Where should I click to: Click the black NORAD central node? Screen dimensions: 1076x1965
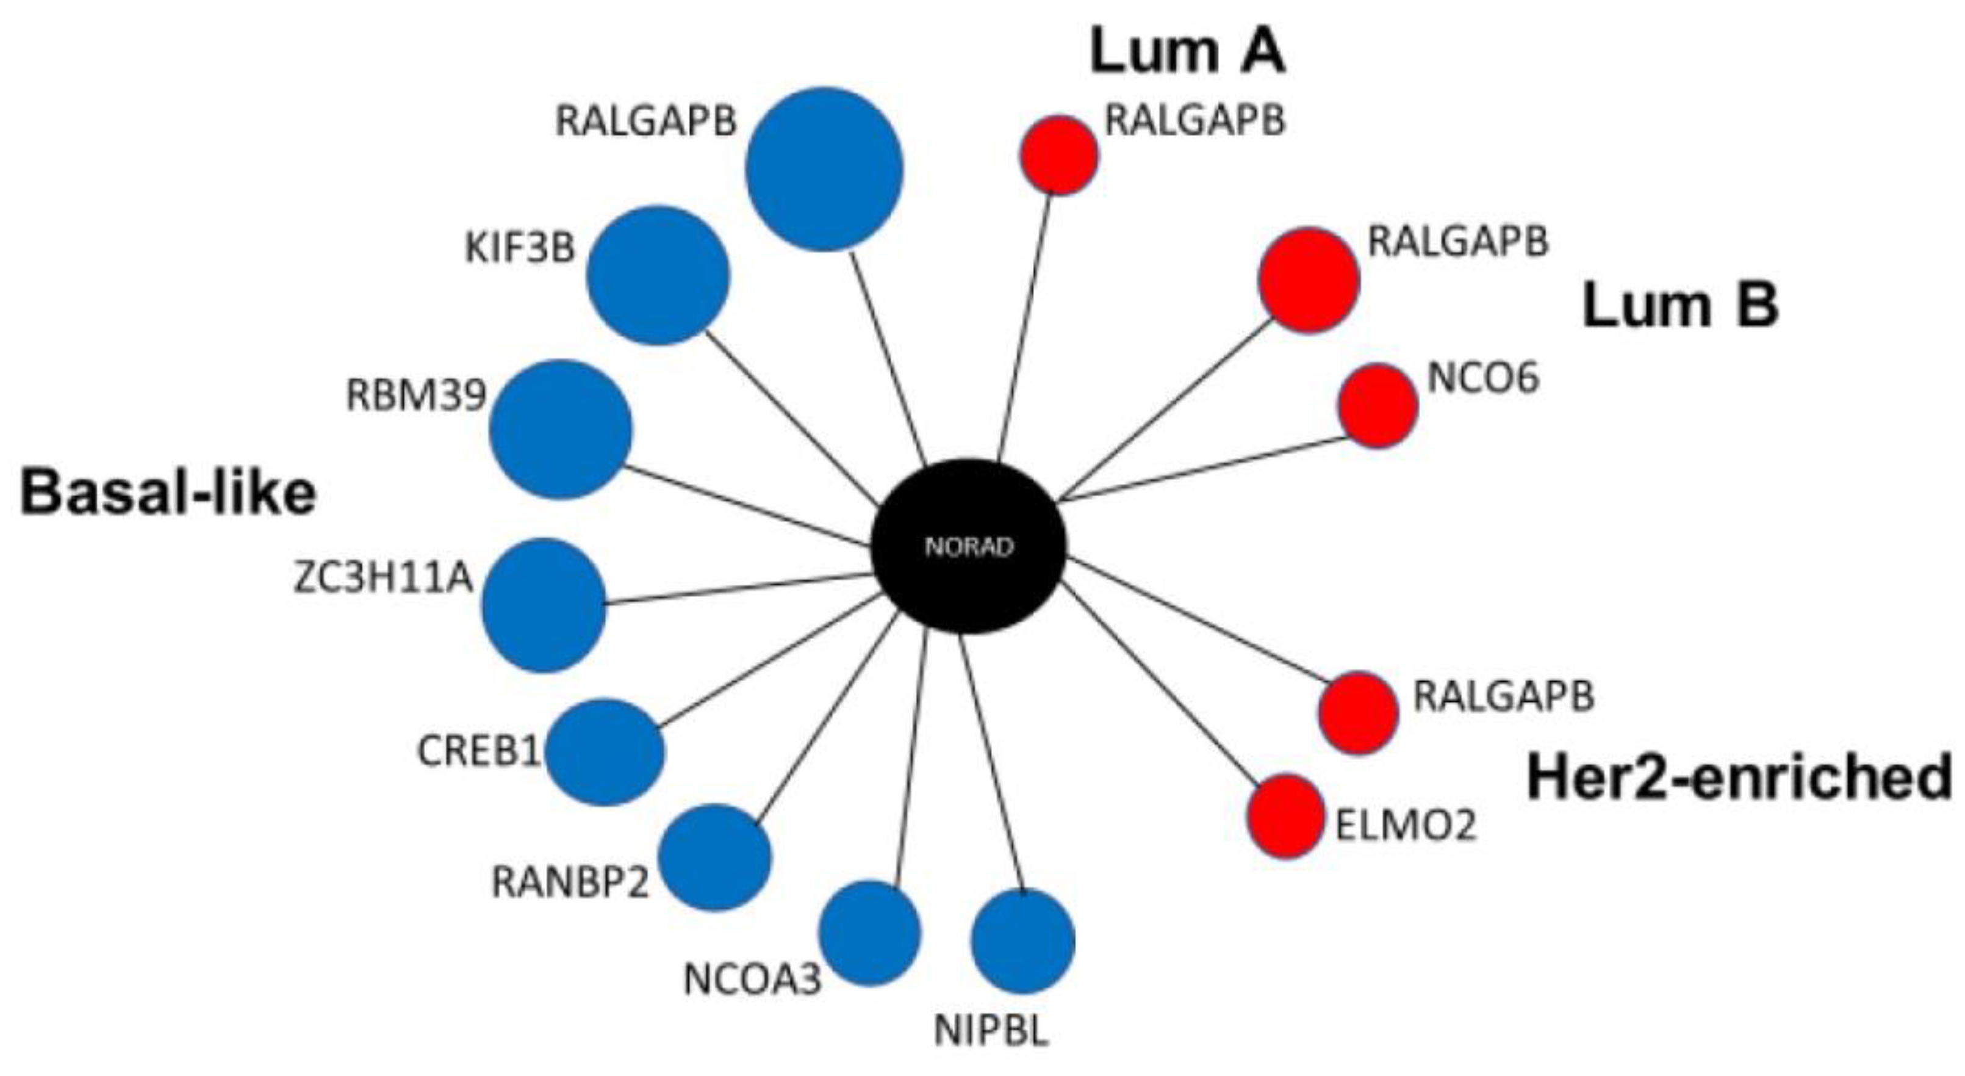point(968,546)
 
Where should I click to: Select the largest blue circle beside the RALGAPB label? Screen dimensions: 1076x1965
point(824,168)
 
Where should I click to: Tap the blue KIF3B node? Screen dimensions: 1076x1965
point(658,275)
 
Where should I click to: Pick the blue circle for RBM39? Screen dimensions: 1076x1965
point(561,430)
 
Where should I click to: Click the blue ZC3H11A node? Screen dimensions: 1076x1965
point(544,605)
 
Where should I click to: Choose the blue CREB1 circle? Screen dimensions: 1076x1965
point(605,753)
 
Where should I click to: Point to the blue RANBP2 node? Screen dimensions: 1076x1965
point(715,858)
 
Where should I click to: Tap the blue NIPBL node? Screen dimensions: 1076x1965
point(1022,942)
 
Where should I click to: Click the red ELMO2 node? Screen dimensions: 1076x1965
point(1286,817)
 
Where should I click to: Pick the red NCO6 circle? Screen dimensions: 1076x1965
point(1378,406)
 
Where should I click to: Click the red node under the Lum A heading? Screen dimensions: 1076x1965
point(1059,155)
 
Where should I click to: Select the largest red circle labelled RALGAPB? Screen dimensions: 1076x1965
point(1308,280)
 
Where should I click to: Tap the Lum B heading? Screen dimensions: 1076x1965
point(1681,305)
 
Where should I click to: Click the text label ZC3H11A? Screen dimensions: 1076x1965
point(384,579)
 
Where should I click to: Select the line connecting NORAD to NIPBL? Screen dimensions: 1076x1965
point(990,763)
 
